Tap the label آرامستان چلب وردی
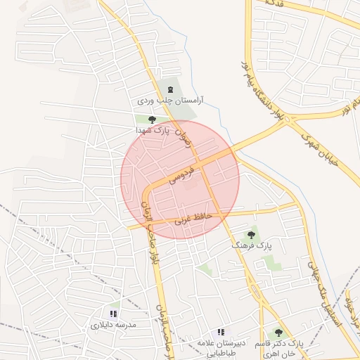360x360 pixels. [169, 101]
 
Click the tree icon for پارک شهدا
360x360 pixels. [152, 120]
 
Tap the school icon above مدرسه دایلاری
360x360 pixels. [113, 314]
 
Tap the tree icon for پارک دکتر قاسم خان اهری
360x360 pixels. [279, 332]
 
